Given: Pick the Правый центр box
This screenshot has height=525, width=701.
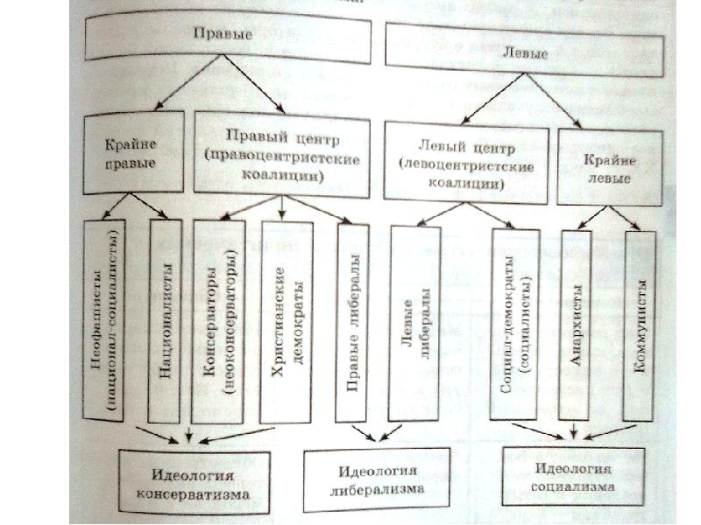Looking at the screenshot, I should [281, 153].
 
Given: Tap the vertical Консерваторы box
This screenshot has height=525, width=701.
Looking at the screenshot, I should [218, 319].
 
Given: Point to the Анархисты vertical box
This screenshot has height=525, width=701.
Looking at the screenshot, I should [575, 324].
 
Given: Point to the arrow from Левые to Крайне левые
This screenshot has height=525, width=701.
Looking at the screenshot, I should [561, 101].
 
